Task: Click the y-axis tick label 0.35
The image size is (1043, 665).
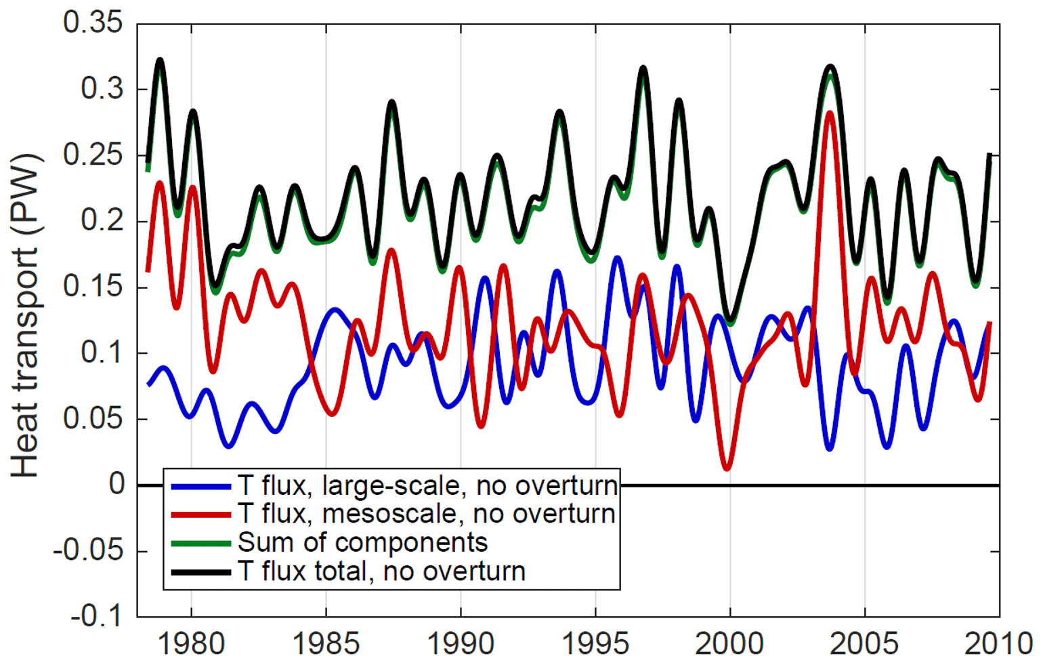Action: [93, 22]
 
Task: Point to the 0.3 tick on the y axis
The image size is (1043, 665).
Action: [102, 89]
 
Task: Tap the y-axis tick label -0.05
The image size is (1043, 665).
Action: [89, 550]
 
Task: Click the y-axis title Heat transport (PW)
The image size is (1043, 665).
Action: [26, 316]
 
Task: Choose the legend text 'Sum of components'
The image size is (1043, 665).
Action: [362, 542]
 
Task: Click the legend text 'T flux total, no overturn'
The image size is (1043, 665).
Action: [381, 571]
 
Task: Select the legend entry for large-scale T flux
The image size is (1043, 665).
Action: [427, 485]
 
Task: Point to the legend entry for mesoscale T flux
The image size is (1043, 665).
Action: [426, 514]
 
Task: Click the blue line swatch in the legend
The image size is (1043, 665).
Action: [201, 486]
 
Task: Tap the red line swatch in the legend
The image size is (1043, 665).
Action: [201, 515]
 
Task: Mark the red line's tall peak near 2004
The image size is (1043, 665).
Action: [830, 113]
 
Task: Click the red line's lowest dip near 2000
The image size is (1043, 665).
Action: [727, 468]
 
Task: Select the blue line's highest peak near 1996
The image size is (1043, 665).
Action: [617, 258]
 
